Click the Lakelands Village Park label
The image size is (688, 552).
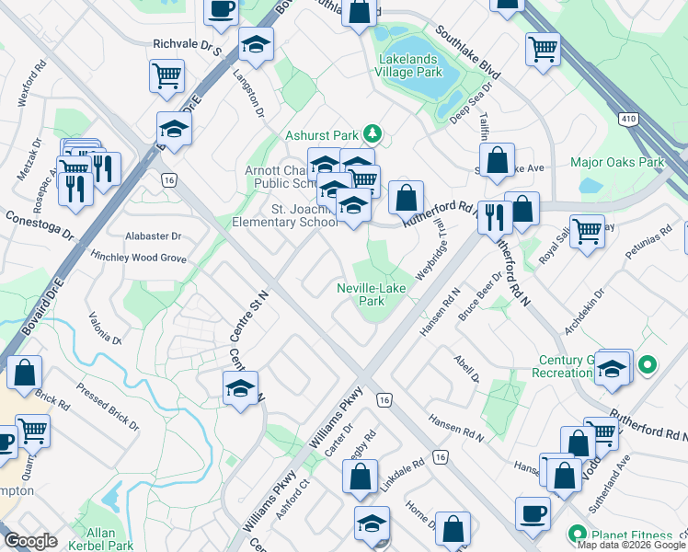409,65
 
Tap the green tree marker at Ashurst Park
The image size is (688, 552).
373,134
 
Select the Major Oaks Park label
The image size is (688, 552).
616,163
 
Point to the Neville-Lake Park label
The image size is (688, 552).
371,294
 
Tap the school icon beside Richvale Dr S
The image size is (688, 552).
255,44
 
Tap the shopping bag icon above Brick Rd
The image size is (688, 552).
25,373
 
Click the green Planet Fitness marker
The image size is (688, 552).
577,533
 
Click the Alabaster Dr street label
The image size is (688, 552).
153,236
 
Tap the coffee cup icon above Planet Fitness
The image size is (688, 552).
533,513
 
